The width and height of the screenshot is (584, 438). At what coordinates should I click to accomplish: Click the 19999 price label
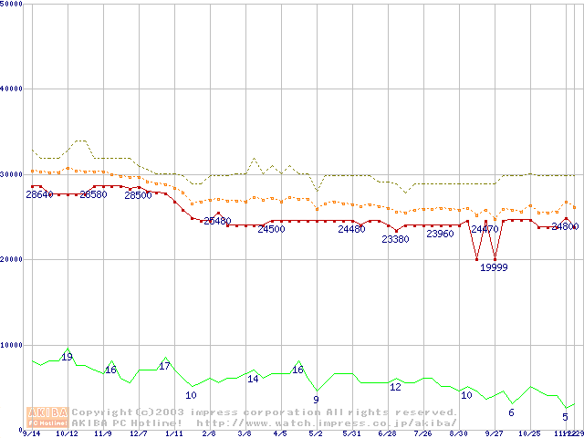click(x=494, y=267)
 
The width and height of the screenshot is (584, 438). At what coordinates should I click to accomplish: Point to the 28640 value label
click(x=39, y=194)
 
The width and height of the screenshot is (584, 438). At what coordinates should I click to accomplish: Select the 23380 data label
click(x=395, y=239)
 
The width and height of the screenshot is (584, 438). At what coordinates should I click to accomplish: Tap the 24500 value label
click(x=271, y=229)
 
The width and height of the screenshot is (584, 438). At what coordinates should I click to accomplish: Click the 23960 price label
click(x=440, y=234)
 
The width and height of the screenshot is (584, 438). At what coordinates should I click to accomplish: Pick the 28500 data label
click(x=138, y=194)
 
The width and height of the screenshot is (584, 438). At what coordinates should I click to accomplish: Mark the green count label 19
click(x=67, y=357)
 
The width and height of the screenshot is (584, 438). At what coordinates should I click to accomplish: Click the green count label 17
click(x=165, y=366)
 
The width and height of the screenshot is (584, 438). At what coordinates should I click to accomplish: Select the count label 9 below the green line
click(x=316, y=399)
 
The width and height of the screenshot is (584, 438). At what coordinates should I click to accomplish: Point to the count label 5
click(x=565, y=416)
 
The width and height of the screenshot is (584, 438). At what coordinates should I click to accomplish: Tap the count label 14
click(x=253, y=378)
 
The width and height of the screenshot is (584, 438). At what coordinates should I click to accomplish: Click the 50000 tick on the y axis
click(x=13, y=4)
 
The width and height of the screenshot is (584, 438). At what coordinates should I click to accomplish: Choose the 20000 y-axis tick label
click(x=13, y=259)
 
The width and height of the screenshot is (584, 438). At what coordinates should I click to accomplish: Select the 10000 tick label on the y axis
click(x=13, y=345)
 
